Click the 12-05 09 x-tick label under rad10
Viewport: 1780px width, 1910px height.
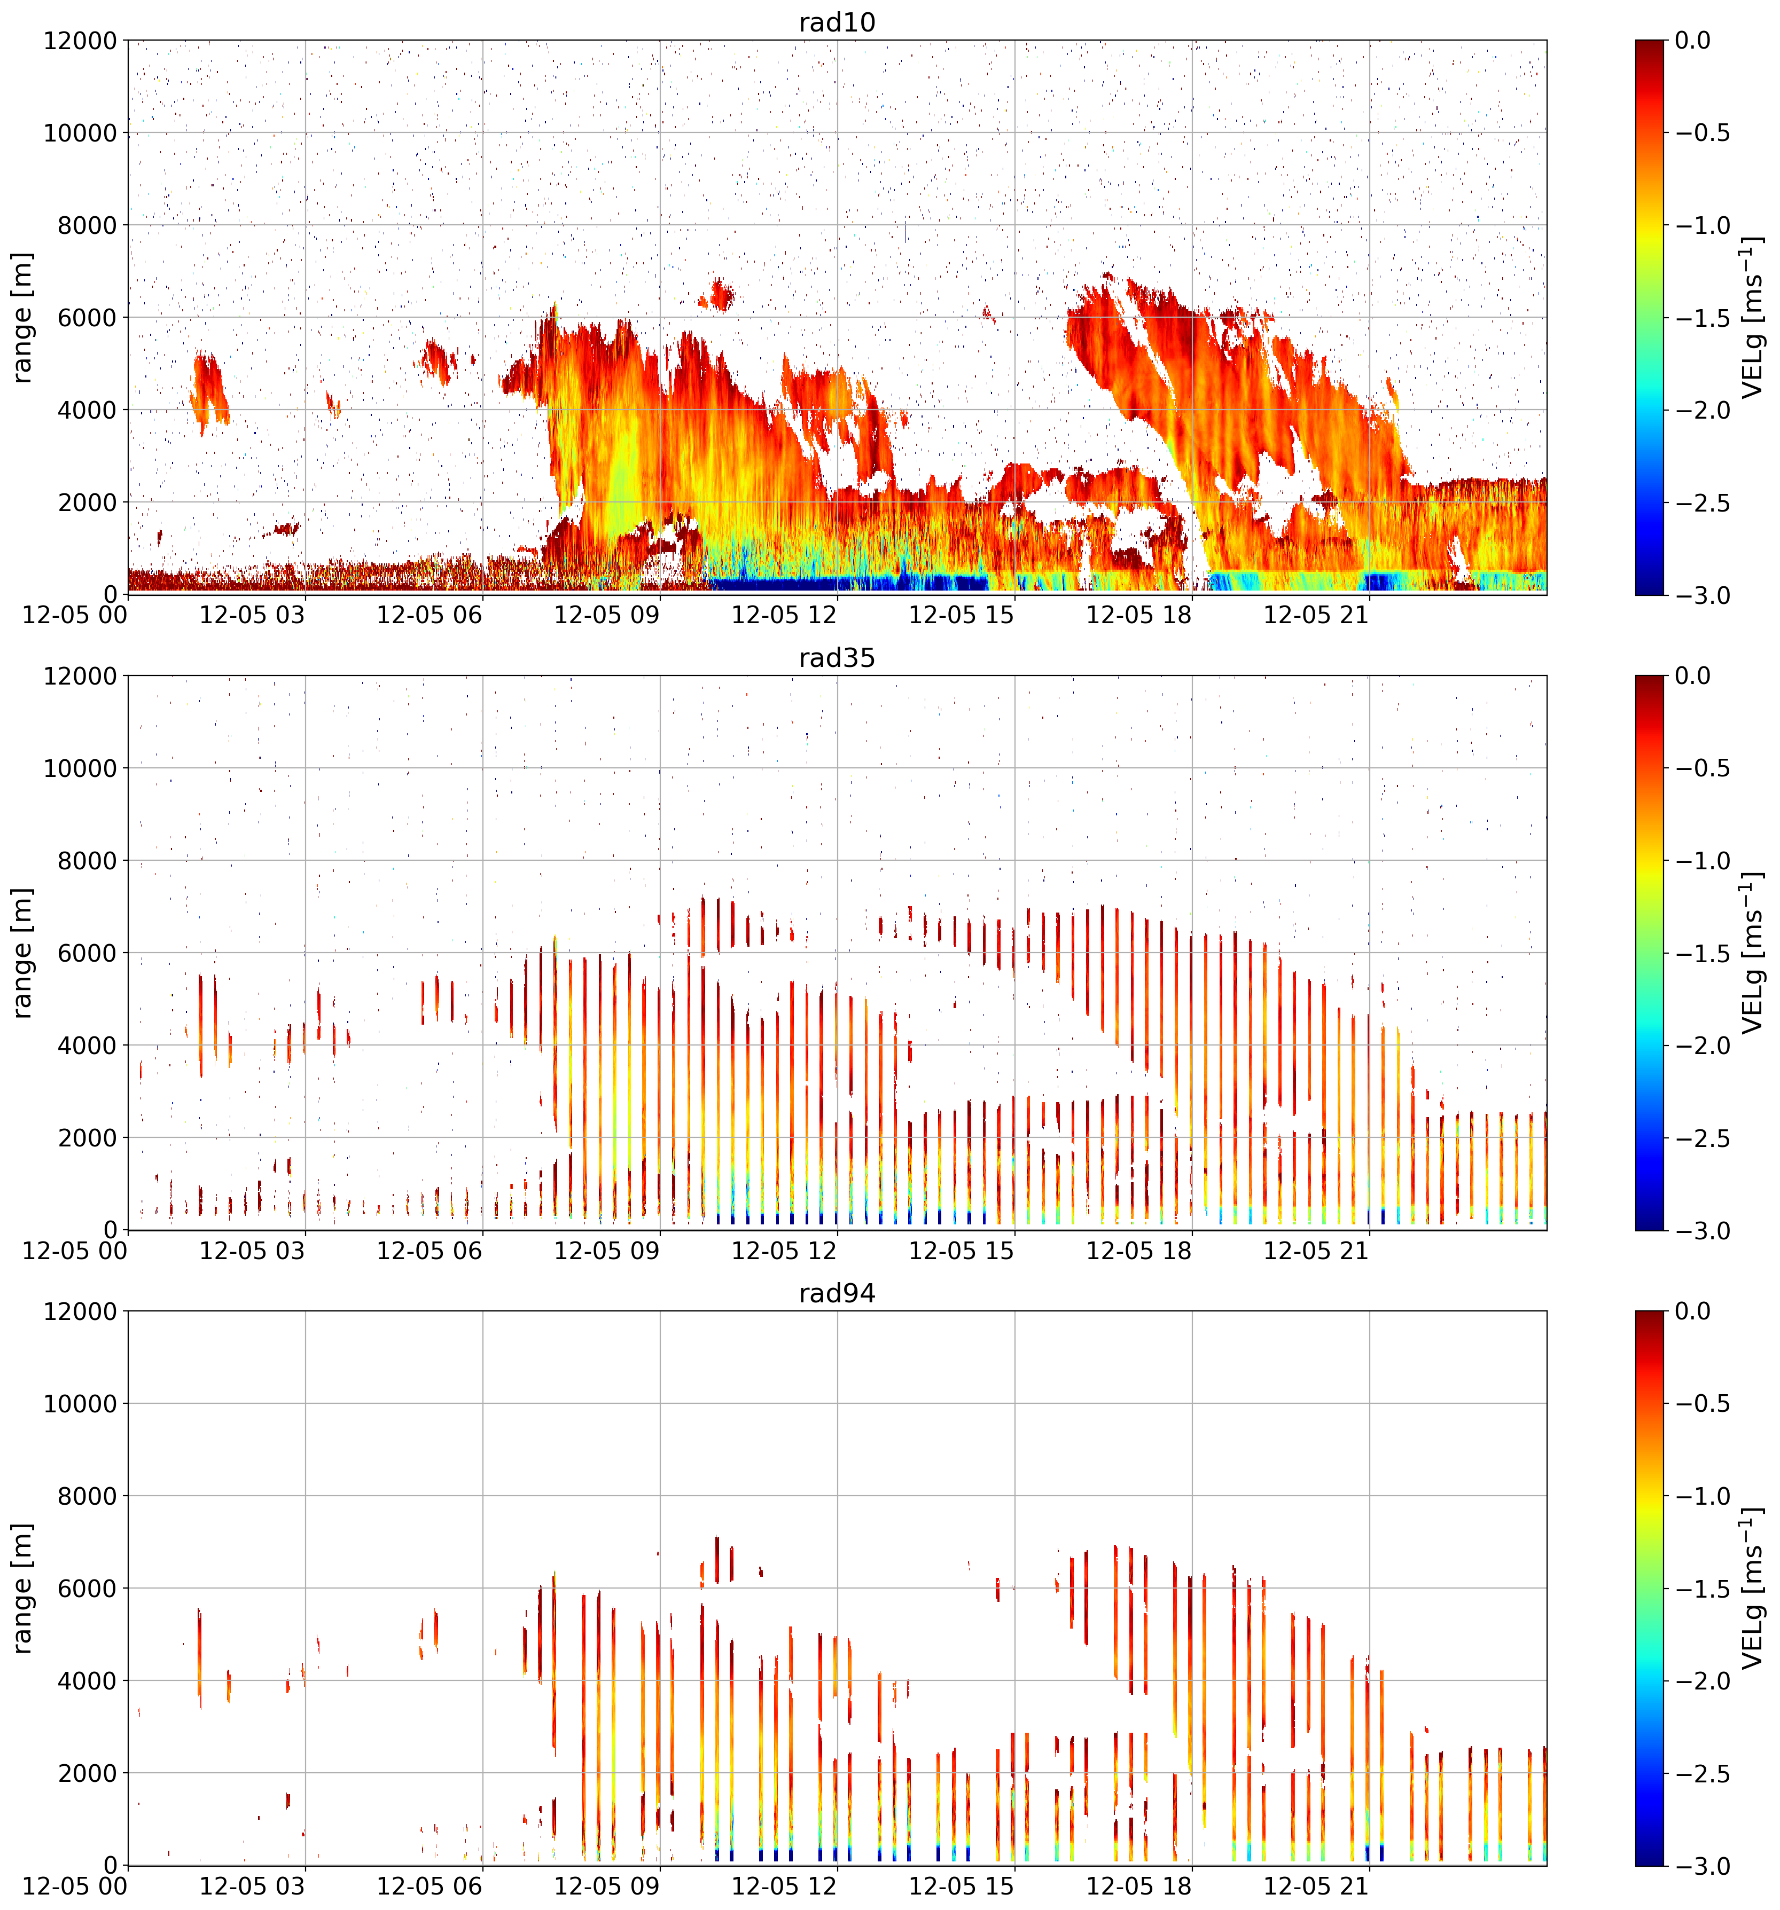tap(606, 615)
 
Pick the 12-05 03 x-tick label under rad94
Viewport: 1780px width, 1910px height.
tap(252, 1886)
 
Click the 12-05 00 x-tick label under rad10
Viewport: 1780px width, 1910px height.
tap(75, 615)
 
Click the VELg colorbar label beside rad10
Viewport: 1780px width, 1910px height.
tap(1752, 317)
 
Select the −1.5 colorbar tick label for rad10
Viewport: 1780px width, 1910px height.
tap(1702, 318)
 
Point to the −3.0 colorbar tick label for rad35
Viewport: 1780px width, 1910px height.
tap(1702, 1231)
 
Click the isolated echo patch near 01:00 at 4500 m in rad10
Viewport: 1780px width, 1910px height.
tap(208, 389)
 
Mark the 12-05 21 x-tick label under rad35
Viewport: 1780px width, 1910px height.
tap(1316, 1251)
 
